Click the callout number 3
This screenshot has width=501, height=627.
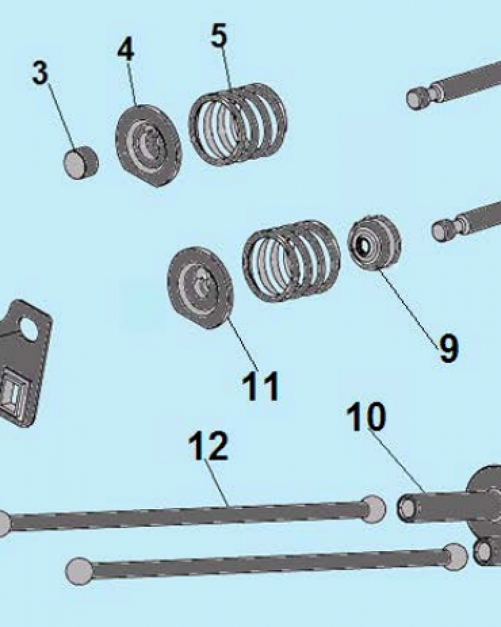coord(40,73)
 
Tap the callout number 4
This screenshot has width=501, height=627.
coord(126,50)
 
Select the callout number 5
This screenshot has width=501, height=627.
coord(219,35)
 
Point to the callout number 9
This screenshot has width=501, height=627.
coord(448,348)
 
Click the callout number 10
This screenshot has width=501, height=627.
coord(366,417)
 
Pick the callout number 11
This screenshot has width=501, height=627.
coord(260,386)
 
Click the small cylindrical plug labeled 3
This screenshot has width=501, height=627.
coord(81,163)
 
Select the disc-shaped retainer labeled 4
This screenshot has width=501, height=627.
coord(148,145)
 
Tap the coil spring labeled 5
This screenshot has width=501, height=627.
coord(238,124)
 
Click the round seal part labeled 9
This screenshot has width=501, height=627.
coord(374,243)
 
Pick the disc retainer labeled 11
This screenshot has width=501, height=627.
coord(200,288)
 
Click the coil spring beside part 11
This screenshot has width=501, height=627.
coord(292,261)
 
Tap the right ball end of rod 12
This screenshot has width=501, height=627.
coord(373,508)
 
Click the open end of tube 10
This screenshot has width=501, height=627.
coord(408,508)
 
